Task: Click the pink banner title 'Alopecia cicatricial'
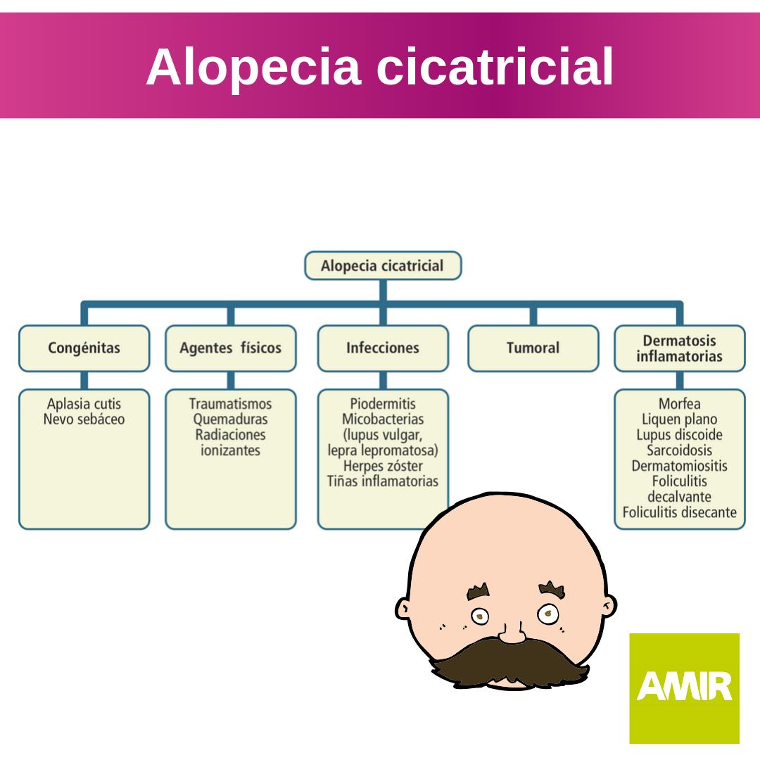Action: tap(380, 68)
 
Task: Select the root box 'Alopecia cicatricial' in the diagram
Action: tap(383, 266)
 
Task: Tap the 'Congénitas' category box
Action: tap(84, 348)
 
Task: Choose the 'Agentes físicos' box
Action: tap(230, 348)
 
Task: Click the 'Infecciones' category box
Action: tap(383, 348)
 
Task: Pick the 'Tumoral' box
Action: tap(533, 348)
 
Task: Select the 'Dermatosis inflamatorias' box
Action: tap(679, 348)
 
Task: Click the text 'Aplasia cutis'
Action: tap(84, 405)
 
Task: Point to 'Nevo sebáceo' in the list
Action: tap(84, 420)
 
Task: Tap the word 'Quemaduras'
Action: tap(230, 420)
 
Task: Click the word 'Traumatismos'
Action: tap(230, 405)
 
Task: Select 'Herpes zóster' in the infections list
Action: tap(383, 467)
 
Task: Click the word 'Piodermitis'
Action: tap(383, 405)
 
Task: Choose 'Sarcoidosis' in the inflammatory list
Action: tap(679, 451)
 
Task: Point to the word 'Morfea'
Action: tap(679, 405)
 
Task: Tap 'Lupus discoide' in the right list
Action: tap(679, 436)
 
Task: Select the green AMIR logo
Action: tap(684, 688)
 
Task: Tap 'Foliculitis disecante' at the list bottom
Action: tap(679, 513)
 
